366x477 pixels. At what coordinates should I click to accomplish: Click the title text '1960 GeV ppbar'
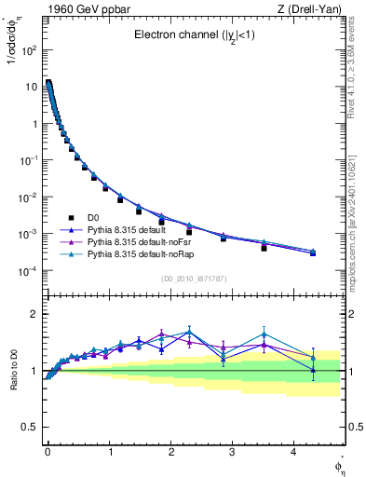point(78,9)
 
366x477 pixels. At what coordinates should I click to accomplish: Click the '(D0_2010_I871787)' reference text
point(195,279)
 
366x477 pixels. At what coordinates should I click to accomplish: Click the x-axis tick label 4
point(293,450)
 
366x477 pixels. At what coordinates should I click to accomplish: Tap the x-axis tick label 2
point(170,450)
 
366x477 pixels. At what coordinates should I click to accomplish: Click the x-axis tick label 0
point(47,450)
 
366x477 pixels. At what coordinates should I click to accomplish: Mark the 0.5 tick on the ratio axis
point(32,427)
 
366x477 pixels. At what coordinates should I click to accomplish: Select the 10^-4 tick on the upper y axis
point(28,271)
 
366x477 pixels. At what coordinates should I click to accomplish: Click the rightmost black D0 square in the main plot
point(313,253)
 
